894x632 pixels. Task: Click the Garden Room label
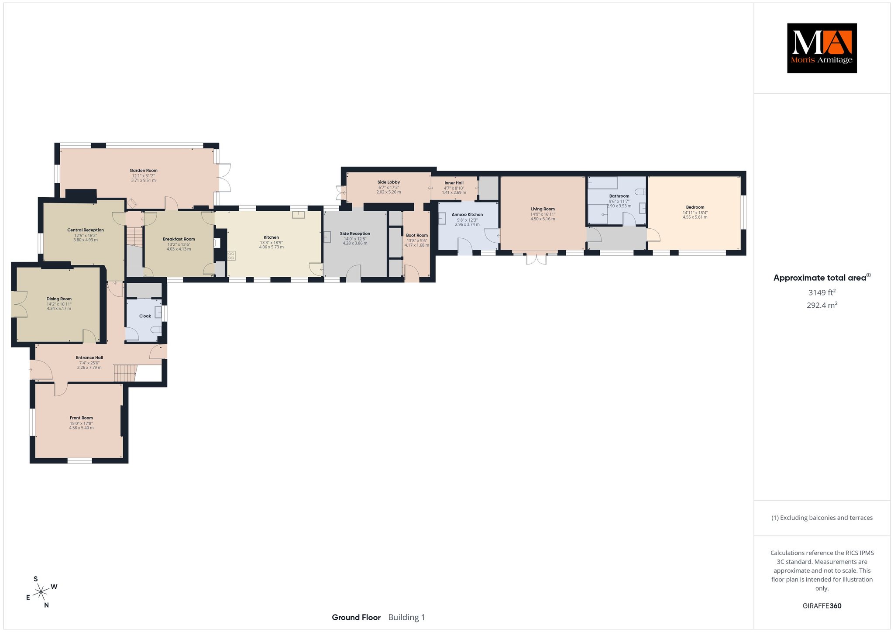tap(143, 171)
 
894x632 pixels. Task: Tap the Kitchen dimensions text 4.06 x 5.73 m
tap(271, 247)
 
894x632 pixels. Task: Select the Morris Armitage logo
tap(822, 48)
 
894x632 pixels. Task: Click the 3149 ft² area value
tap(822, 292)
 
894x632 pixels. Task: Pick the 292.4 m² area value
tap(822, 305)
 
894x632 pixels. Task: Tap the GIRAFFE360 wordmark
tap(822, 606)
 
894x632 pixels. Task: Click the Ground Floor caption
tap(356, 617)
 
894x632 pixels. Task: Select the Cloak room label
tap(145, 316)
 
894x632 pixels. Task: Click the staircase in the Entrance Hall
tap(125, 373)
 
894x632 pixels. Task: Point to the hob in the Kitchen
tap(231, 256)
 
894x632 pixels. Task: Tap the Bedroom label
tap(695, 207)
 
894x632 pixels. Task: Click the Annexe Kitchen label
tap(467, 215)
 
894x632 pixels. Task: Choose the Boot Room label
tap(417, 235)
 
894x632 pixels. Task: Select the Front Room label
tap(81, 418)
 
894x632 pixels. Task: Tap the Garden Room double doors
tap(224, 178)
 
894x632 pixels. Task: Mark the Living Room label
tap(543, 209)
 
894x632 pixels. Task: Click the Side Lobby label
tap(389, 182)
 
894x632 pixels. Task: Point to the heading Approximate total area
tap(820, 278)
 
